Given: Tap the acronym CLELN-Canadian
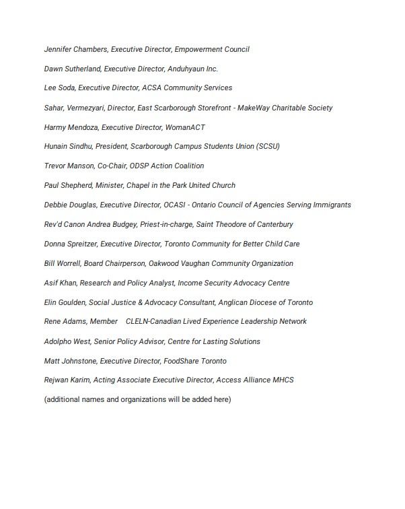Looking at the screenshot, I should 153,322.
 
